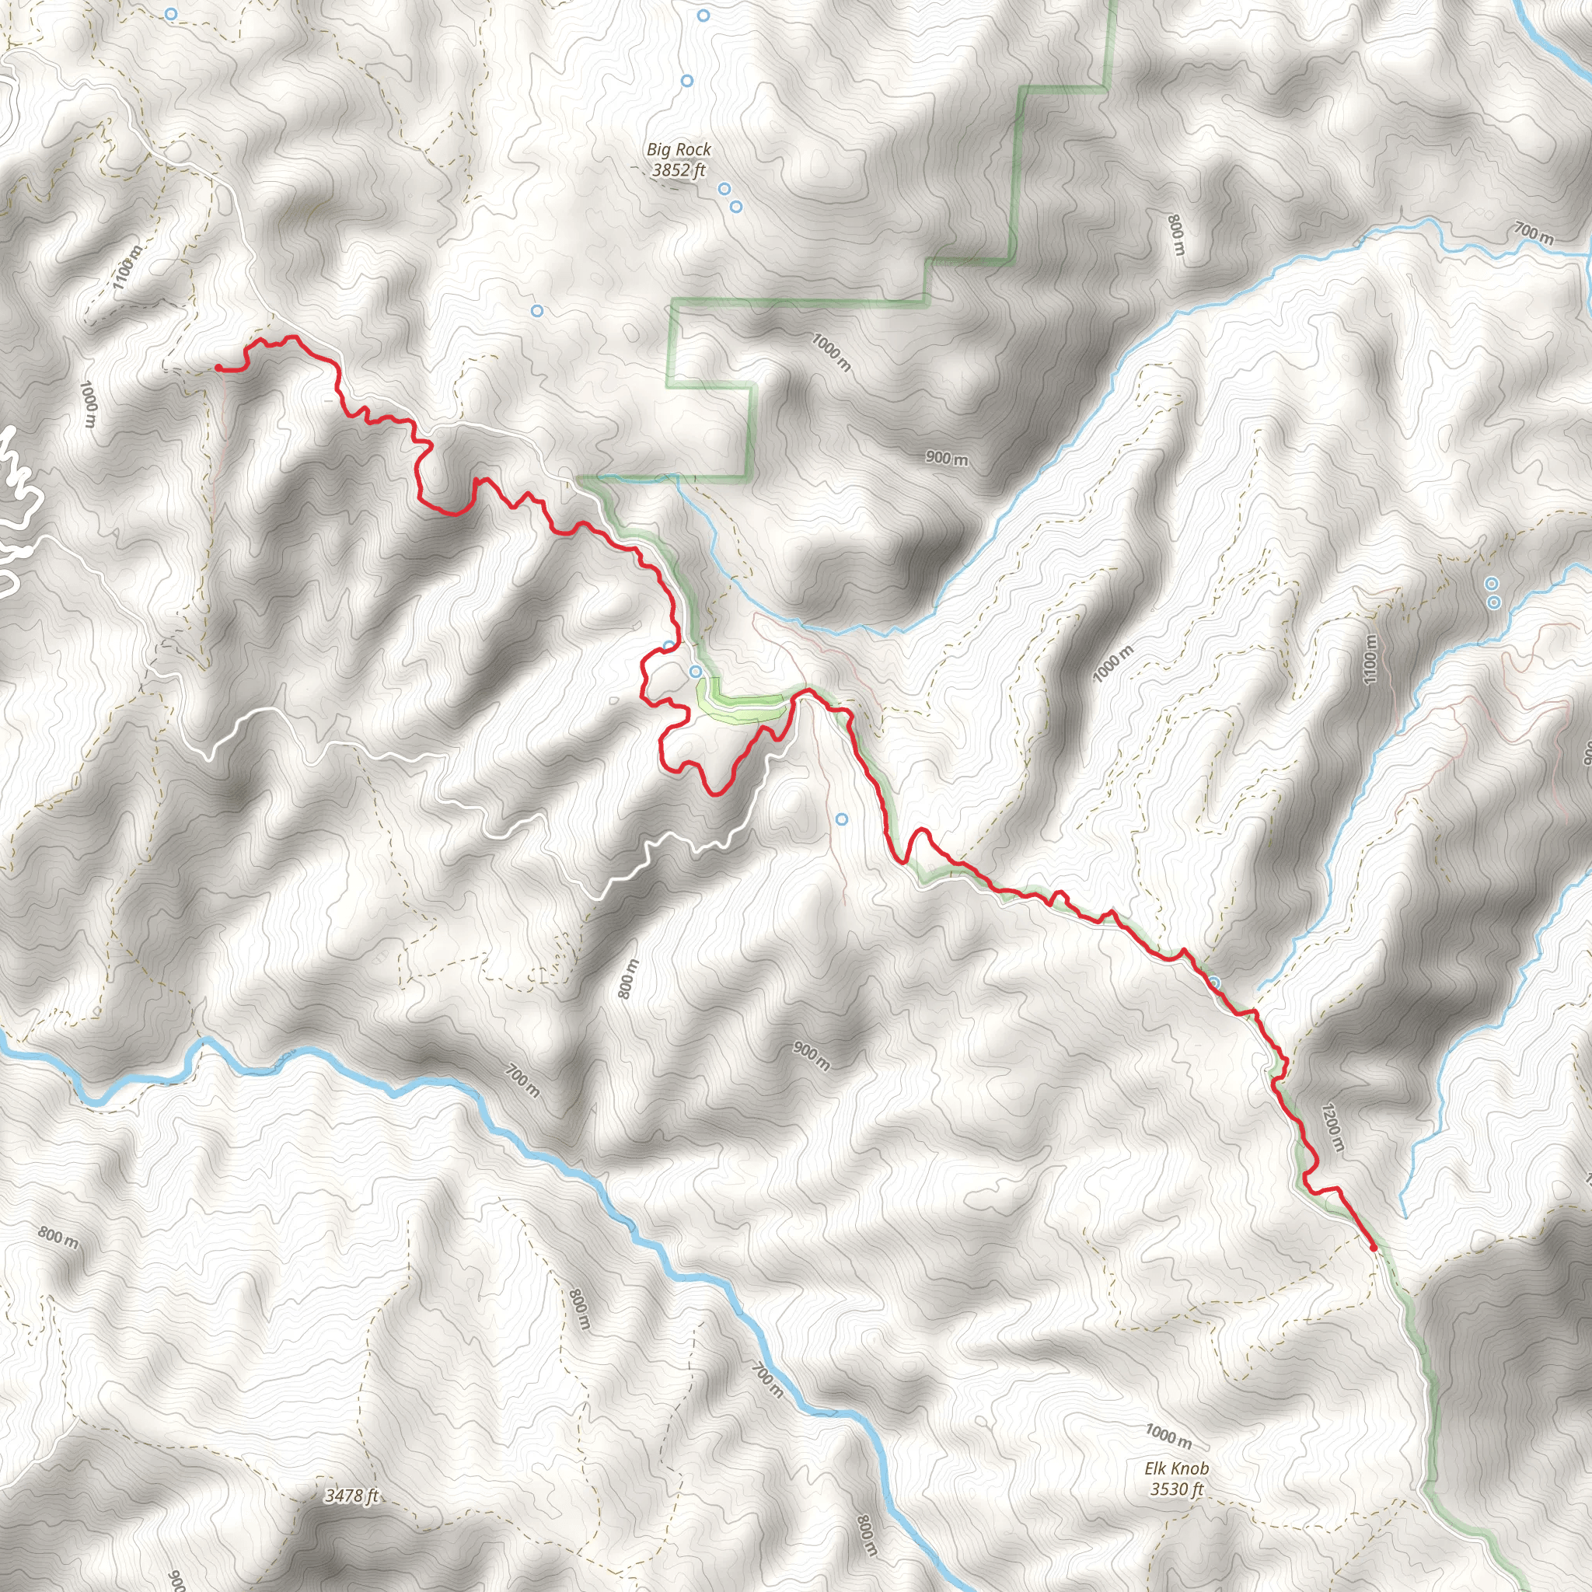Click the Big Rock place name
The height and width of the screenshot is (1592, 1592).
[x=678, y=149]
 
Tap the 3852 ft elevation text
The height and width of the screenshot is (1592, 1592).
[x=678, y=170]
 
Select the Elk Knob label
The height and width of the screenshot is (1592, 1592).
[x=1177, y=1468]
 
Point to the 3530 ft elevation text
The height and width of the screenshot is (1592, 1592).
[x=1177, y=1488]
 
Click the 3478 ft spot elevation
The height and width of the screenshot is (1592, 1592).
[x=351, y=1495]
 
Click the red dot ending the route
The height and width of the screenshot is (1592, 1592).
[x=1373, y=1248]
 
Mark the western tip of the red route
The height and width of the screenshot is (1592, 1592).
[x=218, y=367]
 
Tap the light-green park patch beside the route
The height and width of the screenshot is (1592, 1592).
[x=742, y=708]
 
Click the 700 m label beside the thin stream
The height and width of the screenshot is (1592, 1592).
[x=1533, y=234]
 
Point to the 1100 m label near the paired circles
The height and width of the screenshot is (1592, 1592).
[x=1370, y=658]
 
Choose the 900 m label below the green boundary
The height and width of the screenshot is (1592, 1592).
[x=946, y=458]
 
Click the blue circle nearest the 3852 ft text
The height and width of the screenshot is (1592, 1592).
[x=724, y=189]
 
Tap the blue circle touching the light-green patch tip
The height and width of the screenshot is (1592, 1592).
[x=696, y=672]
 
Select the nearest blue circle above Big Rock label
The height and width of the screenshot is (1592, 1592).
[x=687, y=81]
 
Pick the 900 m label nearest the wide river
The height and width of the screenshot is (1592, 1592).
[x=811, y=1055]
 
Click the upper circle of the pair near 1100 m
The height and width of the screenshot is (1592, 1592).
[x=1491, y=584]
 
